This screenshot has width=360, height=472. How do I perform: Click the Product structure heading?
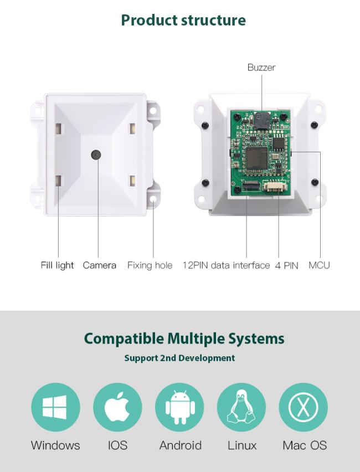[183, 20]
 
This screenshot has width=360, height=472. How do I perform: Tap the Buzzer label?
[261, 68]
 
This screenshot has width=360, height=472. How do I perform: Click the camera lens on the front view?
[96, 154]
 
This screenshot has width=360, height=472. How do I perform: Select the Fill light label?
[57, 265]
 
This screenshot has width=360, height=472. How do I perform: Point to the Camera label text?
[100, 265]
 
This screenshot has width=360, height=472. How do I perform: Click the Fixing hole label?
[150, 265]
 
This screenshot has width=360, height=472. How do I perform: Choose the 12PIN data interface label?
[226, 265]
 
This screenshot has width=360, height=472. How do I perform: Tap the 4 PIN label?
[287, 265]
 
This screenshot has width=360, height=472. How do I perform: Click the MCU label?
[319, 265]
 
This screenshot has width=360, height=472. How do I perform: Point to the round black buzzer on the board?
[260, 120]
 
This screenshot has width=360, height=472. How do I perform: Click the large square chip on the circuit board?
[256, 157]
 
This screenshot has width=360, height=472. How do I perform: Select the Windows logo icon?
[55, 407]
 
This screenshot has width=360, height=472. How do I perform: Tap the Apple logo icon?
[117, 407]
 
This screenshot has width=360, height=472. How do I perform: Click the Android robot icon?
[179, 407]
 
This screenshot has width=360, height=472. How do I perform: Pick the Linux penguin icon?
[241, 407]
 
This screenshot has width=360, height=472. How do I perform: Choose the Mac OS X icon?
[304, 407]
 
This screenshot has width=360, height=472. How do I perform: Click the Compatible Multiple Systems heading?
[184, 338]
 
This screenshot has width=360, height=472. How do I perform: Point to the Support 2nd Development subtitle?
[179, 358]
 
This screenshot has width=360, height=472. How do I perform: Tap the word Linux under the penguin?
[242, 445]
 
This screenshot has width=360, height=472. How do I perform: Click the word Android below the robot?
[180, 445]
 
